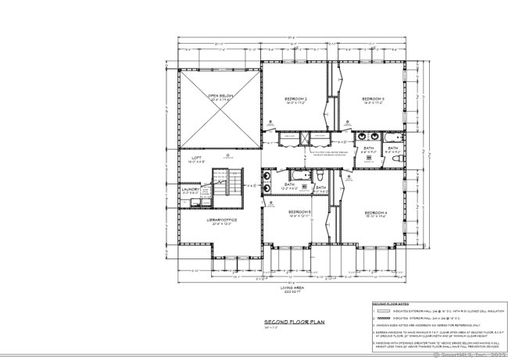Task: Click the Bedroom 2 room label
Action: [x=294, y=99]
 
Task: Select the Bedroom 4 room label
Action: [x=376, y=212]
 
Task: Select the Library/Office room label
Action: [x=222, y=220]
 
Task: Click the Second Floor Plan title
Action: [x=293, y=321]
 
